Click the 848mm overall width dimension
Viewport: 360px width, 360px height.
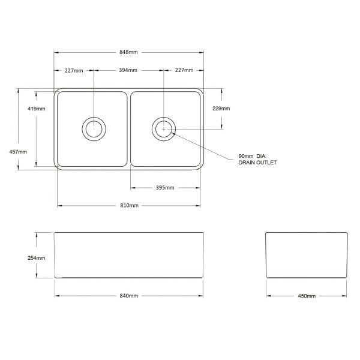(129, 52)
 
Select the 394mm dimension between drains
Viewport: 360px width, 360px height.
(128, 71)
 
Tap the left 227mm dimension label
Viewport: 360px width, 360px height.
(74, 71)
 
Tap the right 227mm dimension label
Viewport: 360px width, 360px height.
(184, 71)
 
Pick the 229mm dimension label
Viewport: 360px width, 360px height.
(221, 109)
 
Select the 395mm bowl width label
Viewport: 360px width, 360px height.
(165, 188)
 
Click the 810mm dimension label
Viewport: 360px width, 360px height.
(129, 206)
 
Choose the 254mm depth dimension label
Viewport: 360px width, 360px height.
(37, 258)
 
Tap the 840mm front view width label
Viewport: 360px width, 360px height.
(129, 296)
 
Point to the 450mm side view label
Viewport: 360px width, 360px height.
(307, 296)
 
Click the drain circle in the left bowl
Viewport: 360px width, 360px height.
(94, 128)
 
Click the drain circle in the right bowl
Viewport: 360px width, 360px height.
(164, 128)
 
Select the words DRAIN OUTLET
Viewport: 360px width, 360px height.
(257, 163)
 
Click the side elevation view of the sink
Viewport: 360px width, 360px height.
(307, 255)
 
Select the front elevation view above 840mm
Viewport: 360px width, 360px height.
(129, 255)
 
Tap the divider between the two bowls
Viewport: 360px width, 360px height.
(129, 129)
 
